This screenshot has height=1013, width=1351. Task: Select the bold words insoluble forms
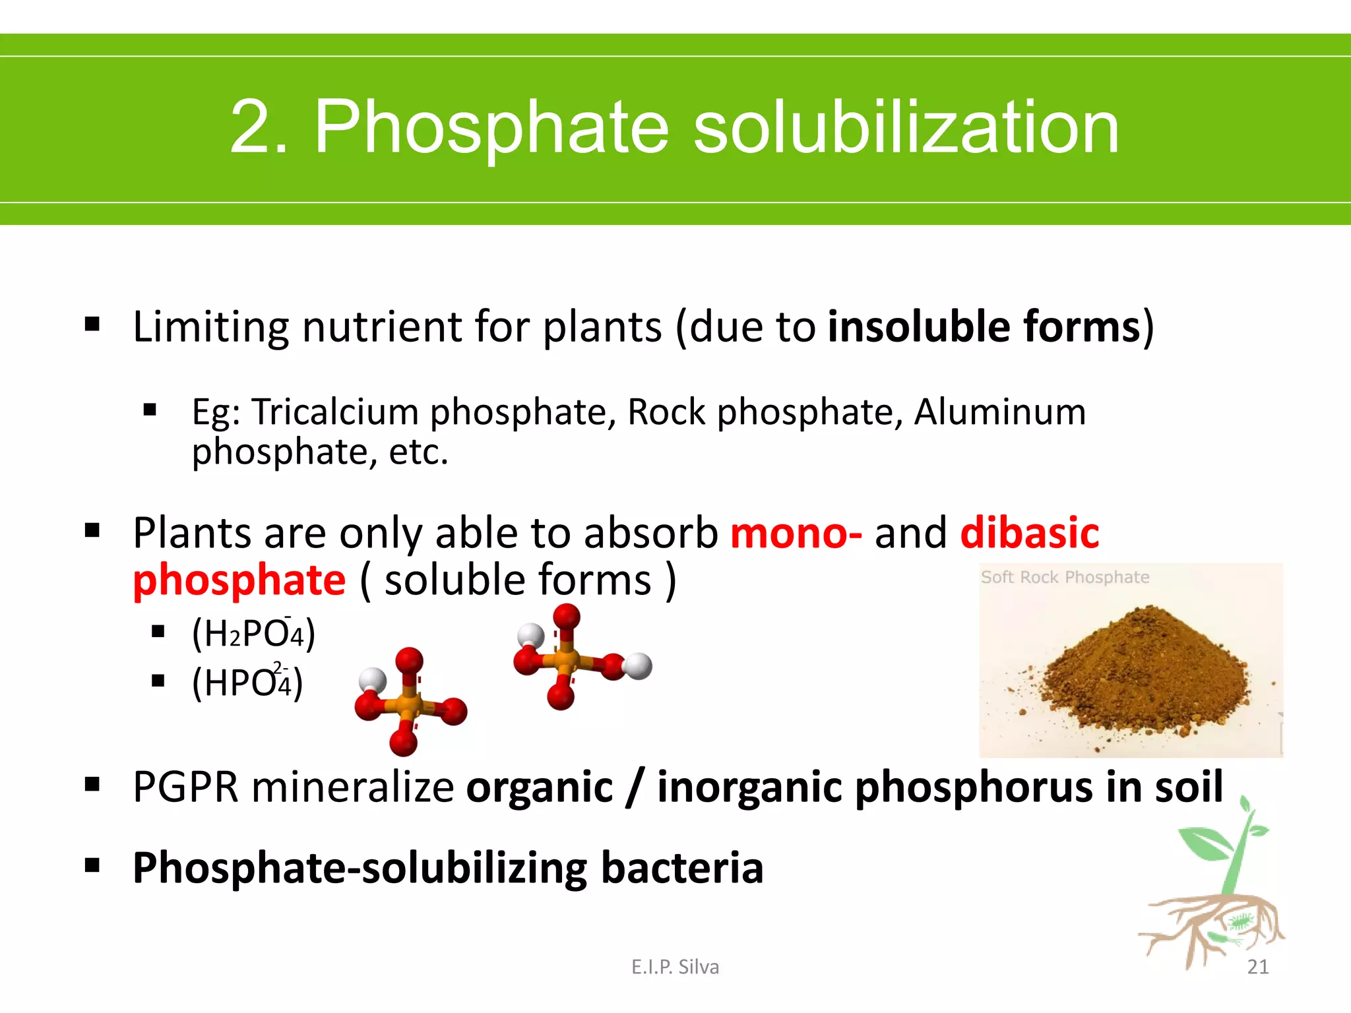(x=984, y=326)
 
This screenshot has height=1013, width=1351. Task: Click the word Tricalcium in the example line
(x=336, y=412)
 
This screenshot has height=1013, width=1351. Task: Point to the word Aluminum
(x=999, y=412)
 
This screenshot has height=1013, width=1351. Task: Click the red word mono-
(x=796, y=533)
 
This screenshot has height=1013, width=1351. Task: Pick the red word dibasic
(x=1030, y=533)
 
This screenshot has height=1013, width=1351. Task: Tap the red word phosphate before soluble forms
(x=239, y=580)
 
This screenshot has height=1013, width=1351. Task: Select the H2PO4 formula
(x=253, y=634)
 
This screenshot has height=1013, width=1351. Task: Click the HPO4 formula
(x=247, y=683)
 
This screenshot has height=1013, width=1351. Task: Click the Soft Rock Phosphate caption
(x=1065, y=578)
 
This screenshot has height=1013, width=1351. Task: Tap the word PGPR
(x=185, y=787)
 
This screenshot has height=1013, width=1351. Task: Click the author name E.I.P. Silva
(x=675, y=967)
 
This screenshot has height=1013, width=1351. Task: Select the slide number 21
(x=1257, y=967)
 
